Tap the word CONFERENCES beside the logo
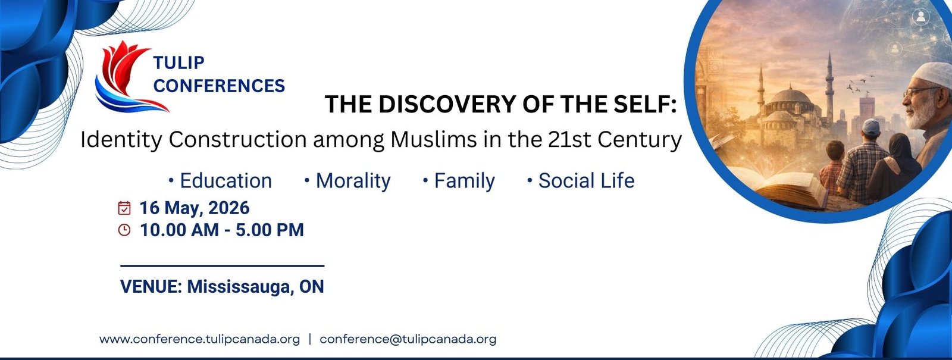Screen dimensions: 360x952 click(x=219, y=86)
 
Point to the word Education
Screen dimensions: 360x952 click(x=226, y=181)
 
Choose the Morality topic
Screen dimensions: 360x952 click(x=353, y=181)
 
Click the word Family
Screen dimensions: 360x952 click(x=464, y=181)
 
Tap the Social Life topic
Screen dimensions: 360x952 click(x=586, y=181)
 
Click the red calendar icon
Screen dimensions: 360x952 click(x=124, y=208)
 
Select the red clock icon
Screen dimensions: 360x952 click(x=124, y=230)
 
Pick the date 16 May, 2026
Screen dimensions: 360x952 click(x=195, y=208)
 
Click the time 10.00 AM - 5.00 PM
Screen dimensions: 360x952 click(x=221, y=230)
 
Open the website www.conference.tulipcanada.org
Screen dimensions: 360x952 click(x=199, y=339)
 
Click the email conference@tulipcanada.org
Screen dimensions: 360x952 click(x=408, y=339)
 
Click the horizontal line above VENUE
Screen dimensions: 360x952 click(x=222, y=265)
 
